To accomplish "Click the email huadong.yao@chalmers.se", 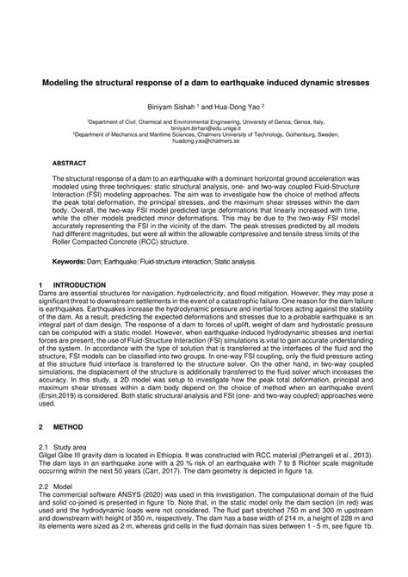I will (x=204, y=140).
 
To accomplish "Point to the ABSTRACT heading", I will (x=70, y=161).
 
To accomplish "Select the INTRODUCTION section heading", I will (x=80, y=283).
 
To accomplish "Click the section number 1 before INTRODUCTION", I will (x=40, y=283).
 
